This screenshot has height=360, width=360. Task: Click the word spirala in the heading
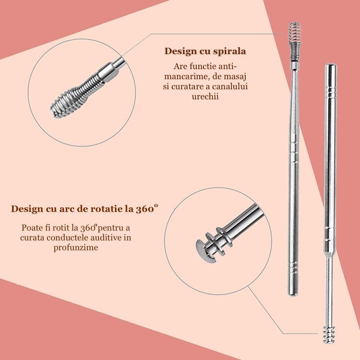pos(229,52)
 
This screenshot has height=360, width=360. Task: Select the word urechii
pos(205,96)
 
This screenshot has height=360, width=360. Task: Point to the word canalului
pos(230,86)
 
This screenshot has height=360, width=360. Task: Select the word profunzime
pos(76,248)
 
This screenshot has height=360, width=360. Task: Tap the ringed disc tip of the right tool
pos(329,334)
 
